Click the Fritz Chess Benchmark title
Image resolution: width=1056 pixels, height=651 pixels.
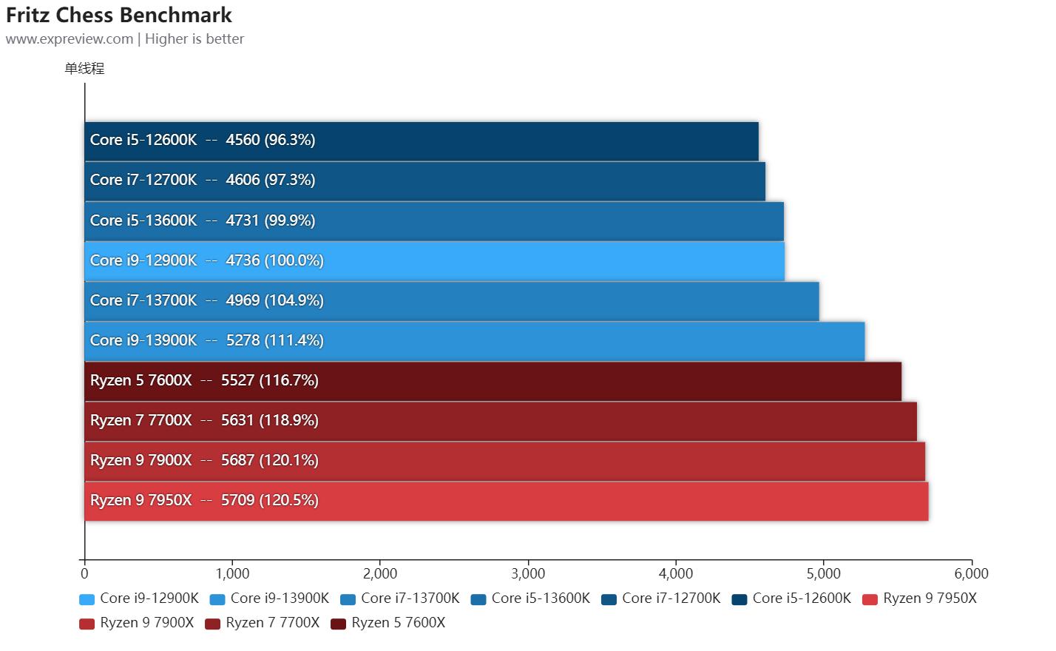click(119, 15)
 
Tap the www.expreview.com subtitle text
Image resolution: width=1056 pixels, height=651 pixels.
click(70, 39)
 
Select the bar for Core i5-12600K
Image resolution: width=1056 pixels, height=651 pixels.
click(422, 141)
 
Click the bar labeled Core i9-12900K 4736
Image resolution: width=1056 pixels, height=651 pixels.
click(435, 260)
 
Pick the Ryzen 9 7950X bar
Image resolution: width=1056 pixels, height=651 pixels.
click(507, 501)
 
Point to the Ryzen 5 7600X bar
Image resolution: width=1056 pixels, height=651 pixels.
click(493, 381)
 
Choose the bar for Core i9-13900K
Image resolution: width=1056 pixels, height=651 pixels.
click(475, 341)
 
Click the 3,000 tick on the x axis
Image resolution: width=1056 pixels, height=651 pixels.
click(528, 573)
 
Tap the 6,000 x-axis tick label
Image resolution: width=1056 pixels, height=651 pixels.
click(971, 573)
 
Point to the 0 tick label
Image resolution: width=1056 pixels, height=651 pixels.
click(85, 573)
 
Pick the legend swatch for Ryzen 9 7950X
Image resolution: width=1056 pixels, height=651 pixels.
click(870, 599)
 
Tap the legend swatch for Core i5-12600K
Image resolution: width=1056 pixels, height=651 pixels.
click(739, 599)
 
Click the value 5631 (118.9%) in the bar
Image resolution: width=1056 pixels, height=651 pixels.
click(270, 420)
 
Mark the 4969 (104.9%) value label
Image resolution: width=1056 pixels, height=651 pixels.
click(274, 300)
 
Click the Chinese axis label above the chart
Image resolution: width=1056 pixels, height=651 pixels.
click(84, 69)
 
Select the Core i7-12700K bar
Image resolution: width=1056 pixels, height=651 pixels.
click(425, 181)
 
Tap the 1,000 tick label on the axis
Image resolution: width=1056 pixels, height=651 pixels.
click(232, 573)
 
